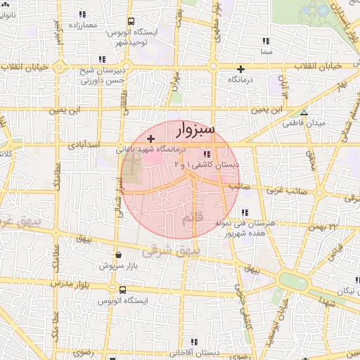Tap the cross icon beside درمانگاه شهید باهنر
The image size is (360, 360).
tap(150, 140)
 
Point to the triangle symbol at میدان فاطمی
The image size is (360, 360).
tap(304, 112)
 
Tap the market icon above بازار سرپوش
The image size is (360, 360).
tap(117, 255)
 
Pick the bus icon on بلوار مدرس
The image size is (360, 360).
tap(123, 290)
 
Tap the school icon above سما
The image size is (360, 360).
tap(264, 41)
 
